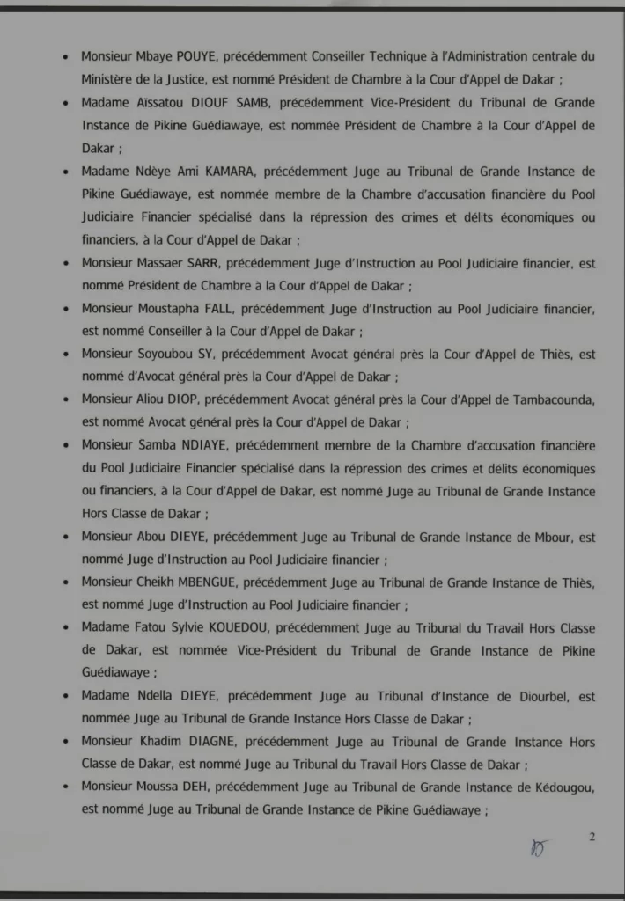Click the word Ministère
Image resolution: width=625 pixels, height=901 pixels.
coord(108,79)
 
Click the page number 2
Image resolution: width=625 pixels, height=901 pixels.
coord(592,837)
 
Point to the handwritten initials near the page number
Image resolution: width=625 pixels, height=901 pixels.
coord(539,846)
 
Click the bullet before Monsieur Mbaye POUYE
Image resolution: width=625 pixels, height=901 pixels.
coord(67,56)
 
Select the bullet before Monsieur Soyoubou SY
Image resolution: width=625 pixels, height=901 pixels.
coord(67,354)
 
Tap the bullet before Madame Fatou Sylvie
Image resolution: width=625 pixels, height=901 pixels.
coord(67,628)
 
